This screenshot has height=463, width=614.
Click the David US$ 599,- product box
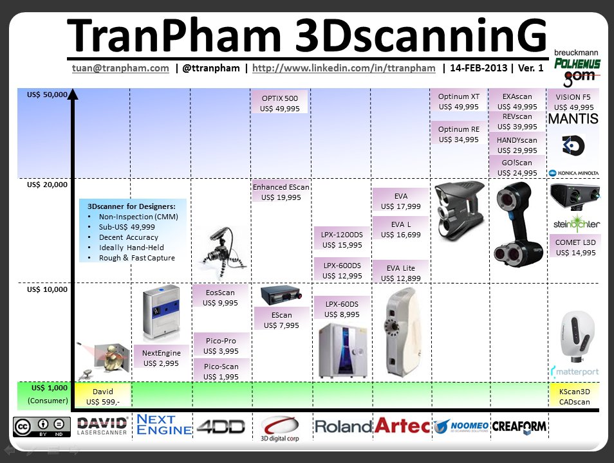coord(103,396)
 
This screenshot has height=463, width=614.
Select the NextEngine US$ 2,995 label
coord(162,358)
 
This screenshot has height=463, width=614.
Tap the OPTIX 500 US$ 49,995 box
coord(280,104)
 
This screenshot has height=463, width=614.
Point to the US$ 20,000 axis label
coord(47,185)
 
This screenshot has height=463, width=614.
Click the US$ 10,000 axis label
coord(47,290)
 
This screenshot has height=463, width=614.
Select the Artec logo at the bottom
coord(401,425)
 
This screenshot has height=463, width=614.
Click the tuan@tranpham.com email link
coord(121,68)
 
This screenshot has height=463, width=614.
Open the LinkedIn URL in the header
coord(344,68)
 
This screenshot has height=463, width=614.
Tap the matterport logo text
coord(577,372)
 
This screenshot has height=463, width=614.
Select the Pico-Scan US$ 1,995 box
coord(221,372)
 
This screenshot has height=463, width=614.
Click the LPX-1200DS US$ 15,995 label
coord(342,239)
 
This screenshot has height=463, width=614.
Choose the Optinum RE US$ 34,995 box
coord(459,134)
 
